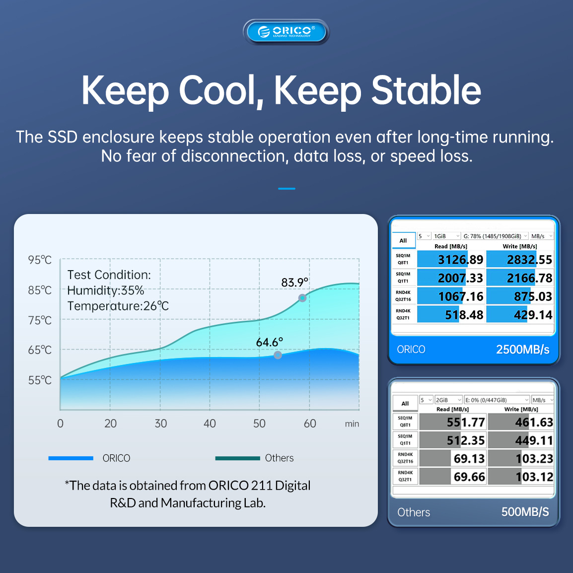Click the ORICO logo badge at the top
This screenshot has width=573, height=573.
tap(286, 32)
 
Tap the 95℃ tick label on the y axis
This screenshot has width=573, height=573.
tap(40, 260)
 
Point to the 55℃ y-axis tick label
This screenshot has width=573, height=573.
tap(40, 380)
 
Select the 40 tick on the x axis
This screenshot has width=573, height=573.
tap(210, 423)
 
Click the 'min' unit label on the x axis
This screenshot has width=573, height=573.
tap(352, 424)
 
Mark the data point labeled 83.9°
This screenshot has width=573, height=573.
tap(302, 298)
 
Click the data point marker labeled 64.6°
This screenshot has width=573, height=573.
tap(278, 355)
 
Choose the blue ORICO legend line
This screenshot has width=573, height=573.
tap(71, 458)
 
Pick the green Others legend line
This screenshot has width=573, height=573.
tap(237, 458)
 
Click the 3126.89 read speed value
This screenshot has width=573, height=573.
tap(460, 260)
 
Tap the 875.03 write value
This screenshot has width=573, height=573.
tap(533, 296)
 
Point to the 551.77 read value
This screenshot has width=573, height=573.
tap(466, 423)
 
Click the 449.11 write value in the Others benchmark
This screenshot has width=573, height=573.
tap(534, 440)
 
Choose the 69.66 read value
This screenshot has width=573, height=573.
tap(469, 477)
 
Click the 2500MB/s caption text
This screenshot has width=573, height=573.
tap(522, 350)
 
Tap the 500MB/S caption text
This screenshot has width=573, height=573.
tap(525, 512)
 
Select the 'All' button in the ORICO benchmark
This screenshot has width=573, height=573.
tap(404, 240)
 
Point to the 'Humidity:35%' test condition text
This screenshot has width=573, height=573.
tap(106, 290)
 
